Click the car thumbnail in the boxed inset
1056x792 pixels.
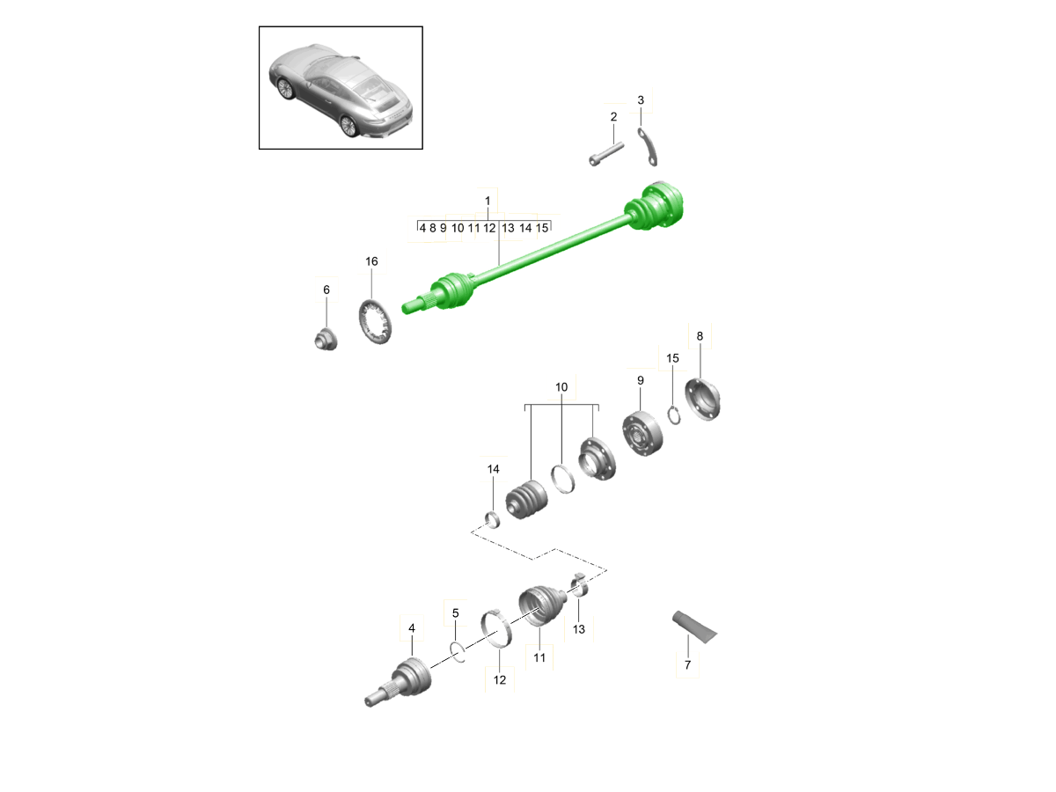341,91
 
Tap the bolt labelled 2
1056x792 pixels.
606,154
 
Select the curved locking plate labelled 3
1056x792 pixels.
648,147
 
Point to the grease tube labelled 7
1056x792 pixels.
694,627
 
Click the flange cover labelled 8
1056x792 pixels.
702,400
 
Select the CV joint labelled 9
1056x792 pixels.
642,434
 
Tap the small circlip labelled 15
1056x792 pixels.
674,415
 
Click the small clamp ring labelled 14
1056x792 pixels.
492,519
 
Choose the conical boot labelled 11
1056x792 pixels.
542,605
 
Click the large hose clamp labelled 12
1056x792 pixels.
496,628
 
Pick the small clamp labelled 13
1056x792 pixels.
579,584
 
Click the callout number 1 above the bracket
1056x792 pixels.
488,201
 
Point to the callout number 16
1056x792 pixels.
371,261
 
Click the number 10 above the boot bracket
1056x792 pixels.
561,387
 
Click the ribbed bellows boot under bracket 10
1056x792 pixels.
526,500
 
